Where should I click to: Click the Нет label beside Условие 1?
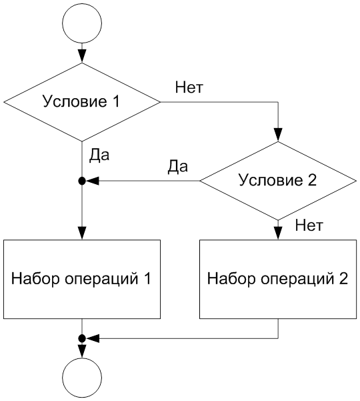coord(189,87)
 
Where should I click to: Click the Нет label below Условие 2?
coord(309,226)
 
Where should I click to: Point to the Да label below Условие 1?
coord(99,155)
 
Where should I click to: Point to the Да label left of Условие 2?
coord(178,167)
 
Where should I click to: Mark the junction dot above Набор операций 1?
coord(82,181)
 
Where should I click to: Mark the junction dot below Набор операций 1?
coord(82,338)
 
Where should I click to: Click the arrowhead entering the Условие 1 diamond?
coord(82,56)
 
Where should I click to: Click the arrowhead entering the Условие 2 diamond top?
coord(278,135)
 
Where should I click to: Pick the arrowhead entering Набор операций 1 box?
coord(82,234)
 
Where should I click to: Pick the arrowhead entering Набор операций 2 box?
coord(278,234)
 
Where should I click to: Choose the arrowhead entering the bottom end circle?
coord(82,352)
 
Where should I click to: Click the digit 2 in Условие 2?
coord(312,179)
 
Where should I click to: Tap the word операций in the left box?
coord(101,280)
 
